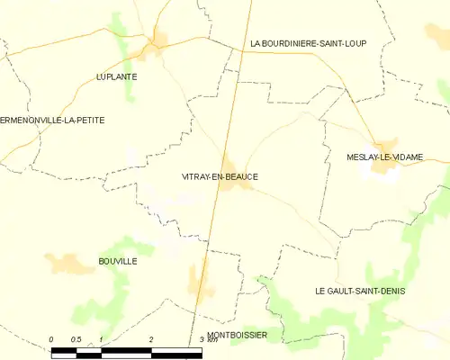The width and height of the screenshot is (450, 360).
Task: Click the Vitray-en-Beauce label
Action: tap(220, 176)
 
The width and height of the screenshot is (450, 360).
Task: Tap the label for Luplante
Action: tap(116, 77)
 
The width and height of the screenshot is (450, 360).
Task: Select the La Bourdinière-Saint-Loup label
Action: tap(308, 44)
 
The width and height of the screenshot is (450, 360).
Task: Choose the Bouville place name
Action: tap(117, 261)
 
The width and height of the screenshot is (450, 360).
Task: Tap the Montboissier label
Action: tap(237, 335)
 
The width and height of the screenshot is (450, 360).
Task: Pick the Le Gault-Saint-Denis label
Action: tap(360, 291)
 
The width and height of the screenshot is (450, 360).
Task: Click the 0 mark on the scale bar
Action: tap(52, 339)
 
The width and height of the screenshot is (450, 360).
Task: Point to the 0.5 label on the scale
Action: tap(76, 339)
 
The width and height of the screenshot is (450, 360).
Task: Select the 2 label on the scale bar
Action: tap(151, 339)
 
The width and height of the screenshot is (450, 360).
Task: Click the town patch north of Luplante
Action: tap(161, 41)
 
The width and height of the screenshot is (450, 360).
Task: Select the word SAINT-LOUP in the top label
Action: tap(339, 44)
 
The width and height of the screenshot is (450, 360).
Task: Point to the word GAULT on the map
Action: tap(345, 291)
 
